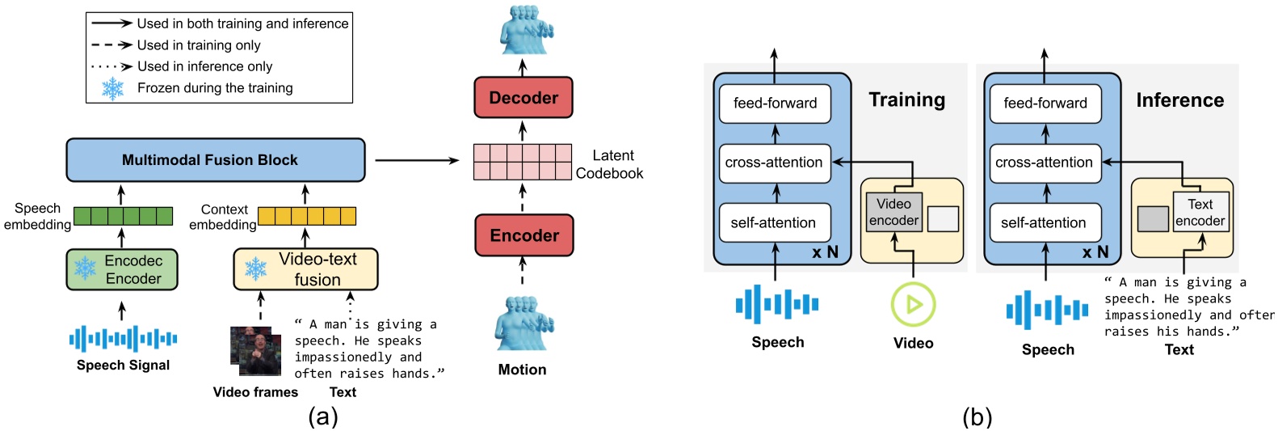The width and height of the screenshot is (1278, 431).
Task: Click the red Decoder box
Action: coord(523,98)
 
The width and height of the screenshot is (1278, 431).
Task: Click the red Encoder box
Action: coord(523,235)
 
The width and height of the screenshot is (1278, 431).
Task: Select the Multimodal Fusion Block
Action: coord(215,160)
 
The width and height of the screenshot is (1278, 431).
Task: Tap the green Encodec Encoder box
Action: coord(122,270)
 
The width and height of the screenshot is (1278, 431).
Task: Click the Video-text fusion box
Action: coord(305,269)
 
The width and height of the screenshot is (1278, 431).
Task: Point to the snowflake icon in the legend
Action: coord(113,88)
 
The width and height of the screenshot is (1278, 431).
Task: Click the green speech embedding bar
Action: coord(123,216)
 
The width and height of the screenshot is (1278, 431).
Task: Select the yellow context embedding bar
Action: coord(306,216)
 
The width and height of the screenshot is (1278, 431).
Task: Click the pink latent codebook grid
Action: coord(522,162)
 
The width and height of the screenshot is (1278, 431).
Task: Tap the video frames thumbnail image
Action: coord(255,351)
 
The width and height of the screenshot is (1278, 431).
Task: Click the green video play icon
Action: coord(913,304)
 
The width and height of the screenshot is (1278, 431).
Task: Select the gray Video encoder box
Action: coord(893,213)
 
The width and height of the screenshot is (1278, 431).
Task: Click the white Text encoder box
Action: coord(1200,212)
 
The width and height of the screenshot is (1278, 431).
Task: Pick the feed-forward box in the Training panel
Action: coord(775,104)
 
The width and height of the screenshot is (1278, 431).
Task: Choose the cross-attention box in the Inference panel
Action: coord(1045,163)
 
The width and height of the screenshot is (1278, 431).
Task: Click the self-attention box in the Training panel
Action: coord(774,222)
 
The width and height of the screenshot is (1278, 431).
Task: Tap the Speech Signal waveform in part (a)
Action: coord(123,338)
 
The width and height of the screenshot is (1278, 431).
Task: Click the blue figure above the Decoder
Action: coord(524,30)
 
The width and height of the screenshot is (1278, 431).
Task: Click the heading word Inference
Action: coord(1179,100)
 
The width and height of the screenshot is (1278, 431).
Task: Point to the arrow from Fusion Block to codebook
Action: coord(417,160)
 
